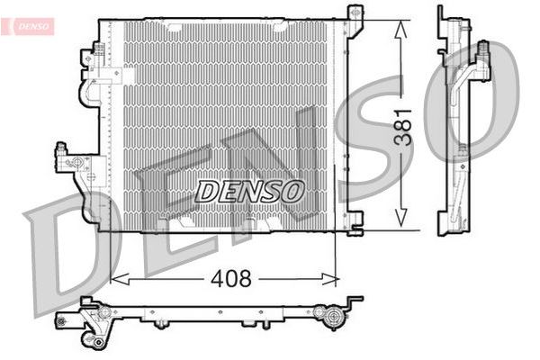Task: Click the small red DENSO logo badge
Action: click(x=31, y=26)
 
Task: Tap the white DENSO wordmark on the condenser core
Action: click(x=250, y=190)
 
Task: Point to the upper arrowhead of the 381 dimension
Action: click(x=400, y=25)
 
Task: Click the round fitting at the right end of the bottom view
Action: click(x=332, y=316)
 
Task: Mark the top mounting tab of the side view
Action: click(x=442, y=13)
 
